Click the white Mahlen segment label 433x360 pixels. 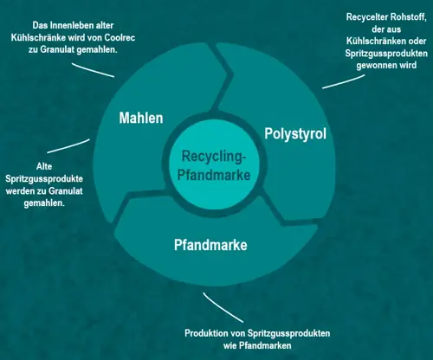[141, 118]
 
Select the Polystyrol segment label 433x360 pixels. [295, 134]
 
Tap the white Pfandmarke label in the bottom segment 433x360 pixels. [210, 245]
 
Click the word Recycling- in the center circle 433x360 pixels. [214, 157]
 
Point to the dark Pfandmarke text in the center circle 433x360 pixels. [214, 175]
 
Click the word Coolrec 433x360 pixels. [120, 37]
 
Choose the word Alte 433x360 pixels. [44, 166]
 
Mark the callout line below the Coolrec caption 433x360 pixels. [93, 70]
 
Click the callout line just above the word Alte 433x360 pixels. [68, 146]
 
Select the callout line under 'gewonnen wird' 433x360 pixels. [344, 81]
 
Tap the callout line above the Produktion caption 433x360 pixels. [223, 307]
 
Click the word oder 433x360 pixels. [417, 41]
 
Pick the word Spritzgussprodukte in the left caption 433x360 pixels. [44, 179]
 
